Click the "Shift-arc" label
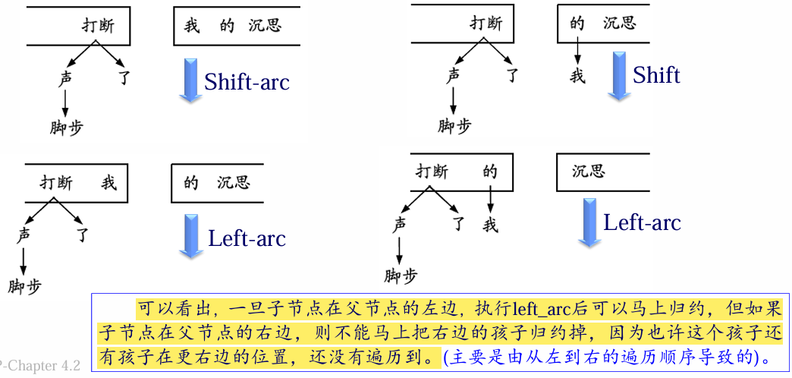tap(247, 82)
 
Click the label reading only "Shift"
tap(656, 75)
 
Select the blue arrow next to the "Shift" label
tap(619, 76)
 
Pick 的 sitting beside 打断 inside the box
tap(490, 172)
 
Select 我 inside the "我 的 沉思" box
tap(192, 25)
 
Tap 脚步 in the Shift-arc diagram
tap(67, 127)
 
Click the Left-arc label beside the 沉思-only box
tap(642, 222)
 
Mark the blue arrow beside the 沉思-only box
tap(589, 222)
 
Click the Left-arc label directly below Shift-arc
tap(247, 238)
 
